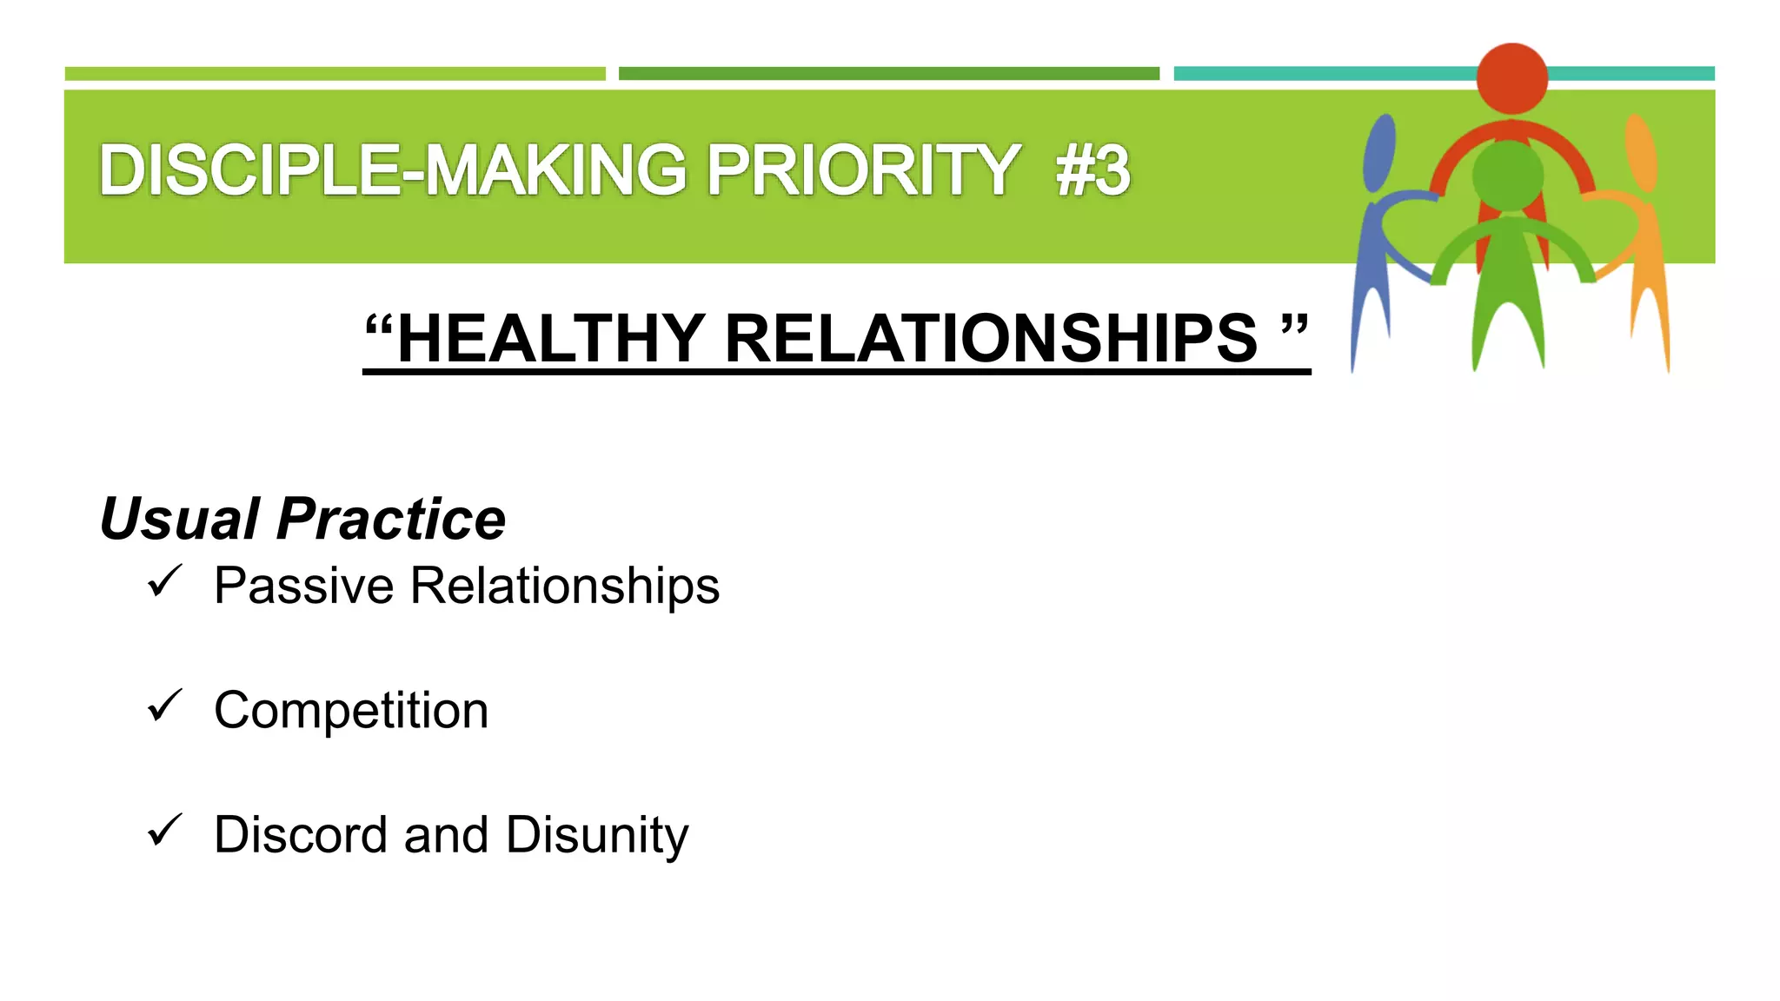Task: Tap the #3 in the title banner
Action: [1093, 170]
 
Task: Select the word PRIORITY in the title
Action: [862, 170]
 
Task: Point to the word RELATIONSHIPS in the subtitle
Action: [991, 338]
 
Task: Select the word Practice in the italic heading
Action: [391, 519]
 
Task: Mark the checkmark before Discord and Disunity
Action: [164, 830]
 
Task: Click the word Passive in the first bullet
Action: [304, 586]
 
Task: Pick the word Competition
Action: [351, 711]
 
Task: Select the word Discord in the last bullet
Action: [301, 835]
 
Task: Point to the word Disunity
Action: [597, 835]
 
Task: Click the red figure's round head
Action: [1511, 78]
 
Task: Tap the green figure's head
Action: [1507, 174]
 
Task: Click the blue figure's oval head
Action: [1379, 152]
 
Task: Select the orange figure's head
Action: [1641, 152]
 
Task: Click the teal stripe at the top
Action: [1321, 74]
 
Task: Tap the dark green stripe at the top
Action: [888, 74]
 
